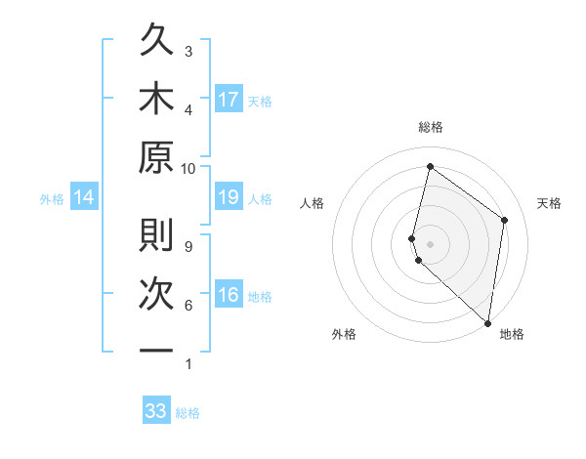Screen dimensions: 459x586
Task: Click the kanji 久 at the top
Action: point(156,43)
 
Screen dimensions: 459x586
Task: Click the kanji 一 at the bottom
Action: point(156,350)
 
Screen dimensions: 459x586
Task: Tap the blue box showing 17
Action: point(229,100)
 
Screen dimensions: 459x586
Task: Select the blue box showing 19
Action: point(229,198)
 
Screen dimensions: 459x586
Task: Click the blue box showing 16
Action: point(229,296)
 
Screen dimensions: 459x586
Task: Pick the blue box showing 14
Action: point(84,198)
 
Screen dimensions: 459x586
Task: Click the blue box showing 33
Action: point(156,411)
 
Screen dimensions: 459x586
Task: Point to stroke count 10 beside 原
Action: point(188,168)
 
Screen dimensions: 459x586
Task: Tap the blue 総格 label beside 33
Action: point(188,413)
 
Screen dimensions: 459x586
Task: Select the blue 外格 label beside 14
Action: point(52,199)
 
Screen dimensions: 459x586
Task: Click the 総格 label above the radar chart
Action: point(430,127)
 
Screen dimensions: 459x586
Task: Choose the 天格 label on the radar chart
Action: point(550,203)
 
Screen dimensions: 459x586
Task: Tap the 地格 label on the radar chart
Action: point(512,335)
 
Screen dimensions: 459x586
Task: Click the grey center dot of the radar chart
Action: point(430,243)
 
